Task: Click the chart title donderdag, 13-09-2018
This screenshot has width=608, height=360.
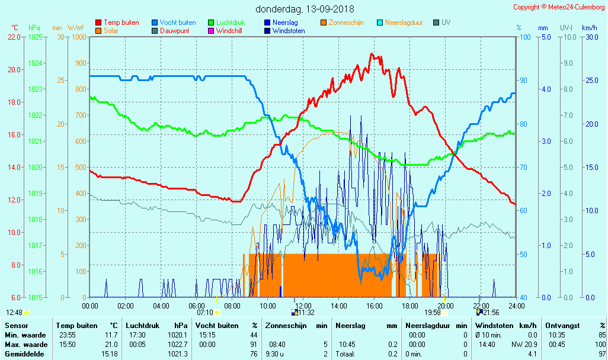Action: tap(305, 9)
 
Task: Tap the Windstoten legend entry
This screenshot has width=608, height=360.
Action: tap(289, 31)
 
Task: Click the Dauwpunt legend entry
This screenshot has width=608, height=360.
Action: tap(174, 31)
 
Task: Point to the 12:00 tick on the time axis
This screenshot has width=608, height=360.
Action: tap(303, 306)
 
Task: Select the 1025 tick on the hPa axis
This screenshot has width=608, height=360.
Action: tap(35, 37)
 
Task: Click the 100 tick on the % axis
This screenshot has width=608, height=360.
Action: tap(524, 37)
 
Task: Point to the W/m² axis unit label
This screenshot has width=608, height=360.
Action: tap(75, 28)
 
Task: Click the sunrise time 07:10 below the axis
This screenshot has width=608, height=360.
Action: tap(204, 312)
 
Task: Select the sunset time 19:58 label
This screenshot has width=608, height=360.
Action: tap(433, 312)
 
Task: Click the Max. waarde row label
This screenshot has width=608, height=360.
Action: tap(26, 345)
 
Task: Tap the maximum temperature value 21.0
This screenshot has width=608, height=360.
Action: tap(111, 345)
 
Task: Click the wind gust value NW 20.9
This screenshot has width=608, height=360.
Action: tap(524, 345)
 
